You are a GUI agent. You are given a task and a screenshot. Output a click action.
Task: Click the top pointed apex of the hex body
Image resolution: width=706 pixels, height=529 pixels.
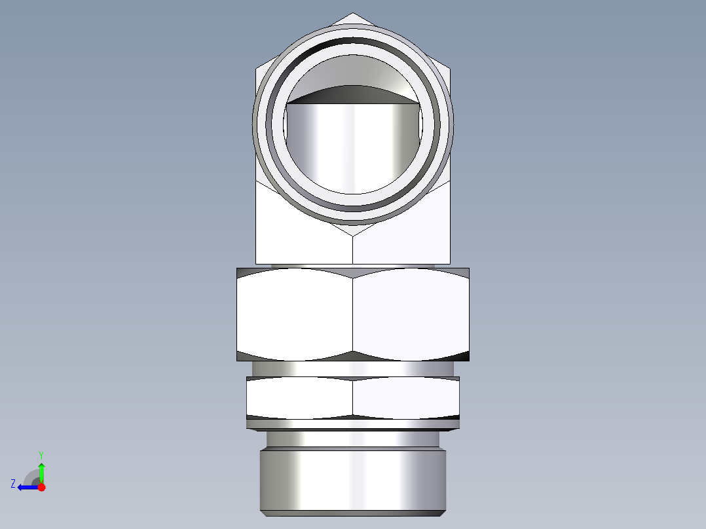coord(353,14)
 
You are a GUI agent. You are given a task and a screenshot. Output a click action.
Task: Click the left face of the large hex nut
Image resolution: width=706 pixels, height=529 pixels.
coord(295,314)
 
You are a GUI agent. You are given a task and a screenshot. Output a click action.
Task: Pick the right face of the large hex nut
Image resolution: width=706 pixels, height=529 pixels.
coord(411,314)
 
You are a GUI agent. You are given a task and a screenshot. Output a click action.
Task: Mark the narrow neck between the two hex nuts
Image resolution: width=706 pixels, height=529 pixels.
coord(353,369)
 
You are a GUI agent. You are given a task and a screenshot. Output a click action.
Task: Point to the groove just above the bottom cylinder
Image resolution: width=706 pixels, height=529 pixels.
coord(353,439)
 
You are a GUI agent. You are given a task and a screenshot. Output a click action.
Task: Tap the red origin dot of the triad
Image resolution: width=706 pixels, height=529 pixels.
coord(41,487)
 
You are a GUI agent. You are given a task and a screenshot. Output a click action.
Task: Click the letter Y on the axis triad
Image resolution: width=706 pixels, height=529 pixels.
coord(41,455)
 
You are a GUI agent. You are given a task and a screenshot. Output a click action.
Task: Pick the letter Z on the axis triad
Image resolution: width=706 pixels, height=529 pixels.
coord(13,484)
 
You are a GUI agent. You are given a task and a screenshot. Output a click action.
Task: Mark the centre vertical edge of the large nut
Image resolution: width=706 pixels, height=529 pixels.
coord(353,314)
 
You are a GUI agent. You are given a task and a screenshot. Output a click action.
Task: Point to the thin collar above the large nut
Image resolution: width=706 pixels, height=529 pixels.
coord(353,266)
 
